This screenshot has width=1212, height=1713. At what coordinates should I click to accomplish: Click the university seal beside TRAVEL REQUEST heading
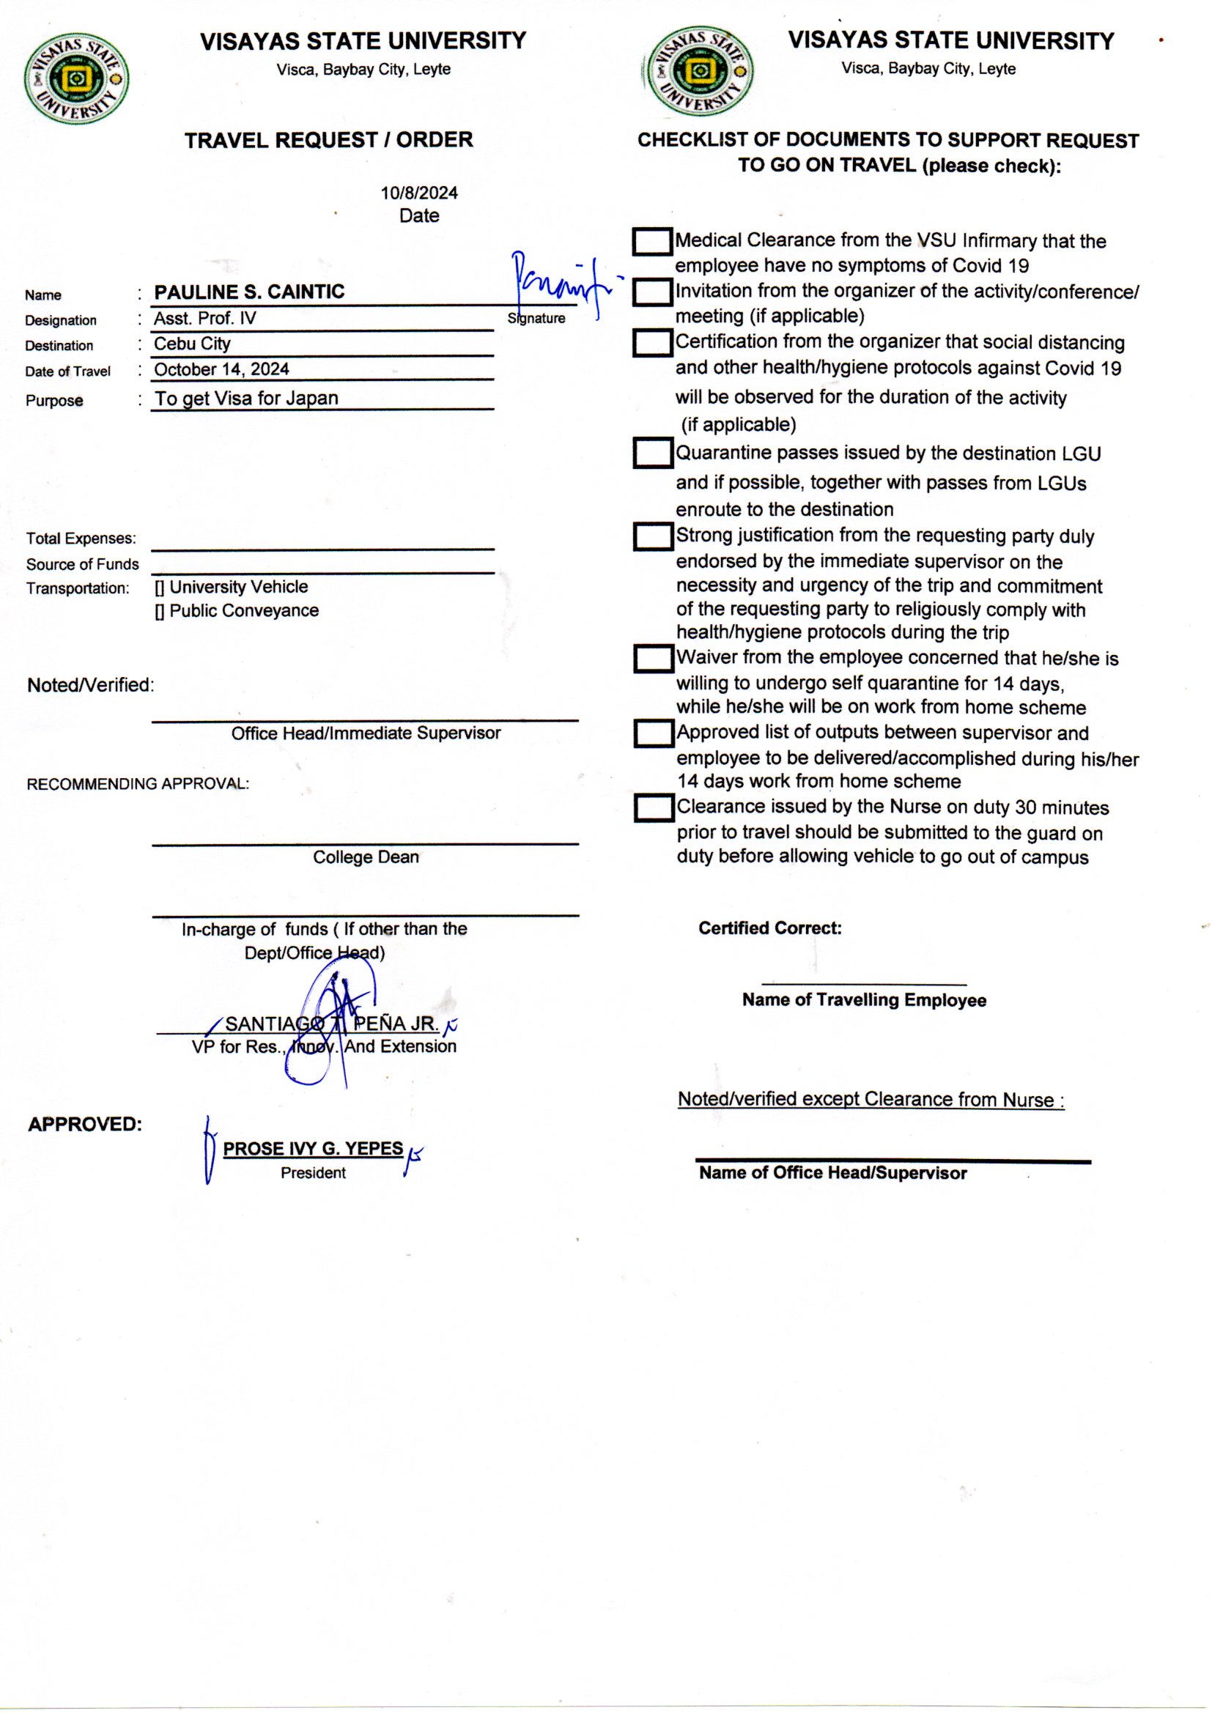76,78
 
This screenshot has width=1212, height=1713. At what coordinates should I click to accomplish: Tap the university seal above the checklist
698,72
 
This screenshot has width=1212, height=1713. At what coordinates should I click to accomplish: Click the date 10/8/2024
418,193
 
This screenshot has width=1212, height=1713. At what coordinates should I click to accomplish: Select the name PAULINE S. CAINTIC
249,292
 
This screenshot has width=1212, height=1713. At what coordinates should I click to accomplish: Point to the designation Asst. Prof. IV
204,319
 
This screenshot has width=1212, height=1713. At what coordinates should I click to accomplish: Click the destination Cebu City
192,344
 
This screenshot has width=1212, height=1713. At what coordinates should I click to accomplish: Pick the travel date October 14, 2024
221,369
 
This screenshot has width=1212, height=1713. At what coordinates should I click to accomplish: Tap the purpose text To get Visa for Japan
246,399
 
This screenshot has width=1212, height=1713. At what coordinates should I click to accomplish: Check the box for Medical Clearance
652,242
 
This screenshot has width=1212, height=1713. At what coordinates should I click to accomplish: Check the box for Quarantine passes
653,453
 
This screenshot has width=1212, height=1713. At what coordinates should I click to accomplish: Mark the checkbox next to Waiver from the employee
654,658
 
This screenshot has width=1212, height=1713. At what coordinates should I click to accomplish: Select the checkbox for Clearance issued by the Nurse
654,807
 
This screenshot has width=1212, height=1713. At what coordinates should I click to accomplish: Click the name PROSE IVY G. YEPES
313,1149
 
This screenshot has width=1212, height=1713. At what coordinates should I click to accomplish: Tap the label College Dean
366,857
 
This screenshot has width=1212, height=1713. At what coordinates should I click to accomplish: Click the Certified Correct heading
769,928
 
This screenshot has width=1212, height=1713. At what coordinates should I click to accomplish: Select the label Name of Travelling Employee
863,1000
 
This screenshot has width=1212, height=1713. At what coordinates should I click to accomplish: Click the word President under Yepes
313,1173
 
